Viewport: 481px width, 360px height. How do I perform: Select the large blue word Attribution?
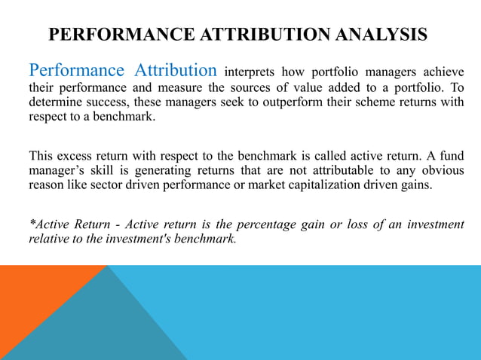[176, 71]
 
